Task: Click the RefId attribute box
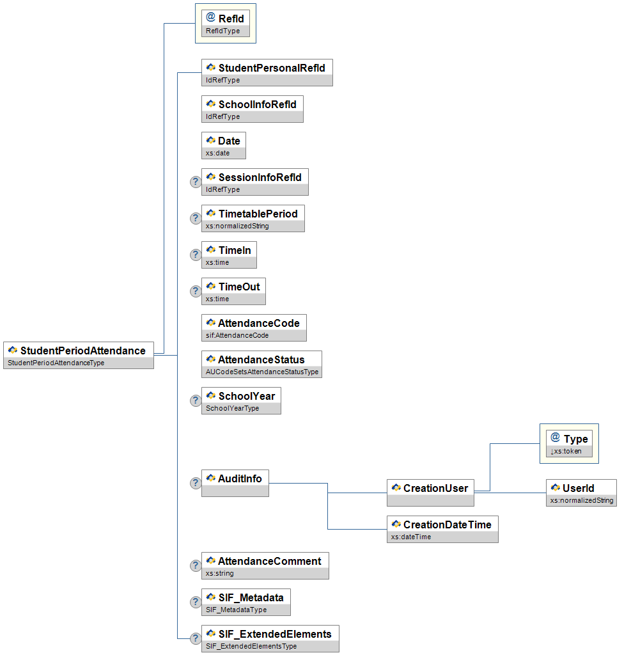point(225,24)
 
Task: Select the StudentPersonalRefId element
point(267,73)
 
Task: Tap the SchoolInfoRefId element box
point(253,109)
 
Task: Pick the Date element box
point(224,146)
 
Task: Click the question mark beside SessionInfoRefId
point(196,182)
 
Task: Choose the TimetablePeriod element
point(253,219)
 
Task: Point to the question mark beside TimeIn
point(196,255)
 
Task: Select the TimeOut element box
point(233,292)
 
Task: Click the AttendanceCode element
point(254,328)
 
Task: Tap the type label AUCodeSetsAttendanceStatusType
point(261,372)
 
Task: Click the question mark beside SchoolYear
point(196,401)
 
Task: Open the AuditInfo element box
point(235,483)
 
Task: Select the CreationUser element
point(430,493)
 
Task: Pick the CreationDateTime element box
point(442,530)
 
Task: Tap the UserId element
point(581,493)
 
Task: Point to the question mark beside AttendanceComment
point(196,566)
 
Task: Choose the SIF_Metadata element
point(246,603)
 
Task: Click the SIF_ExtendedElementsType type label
point(251,647)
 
